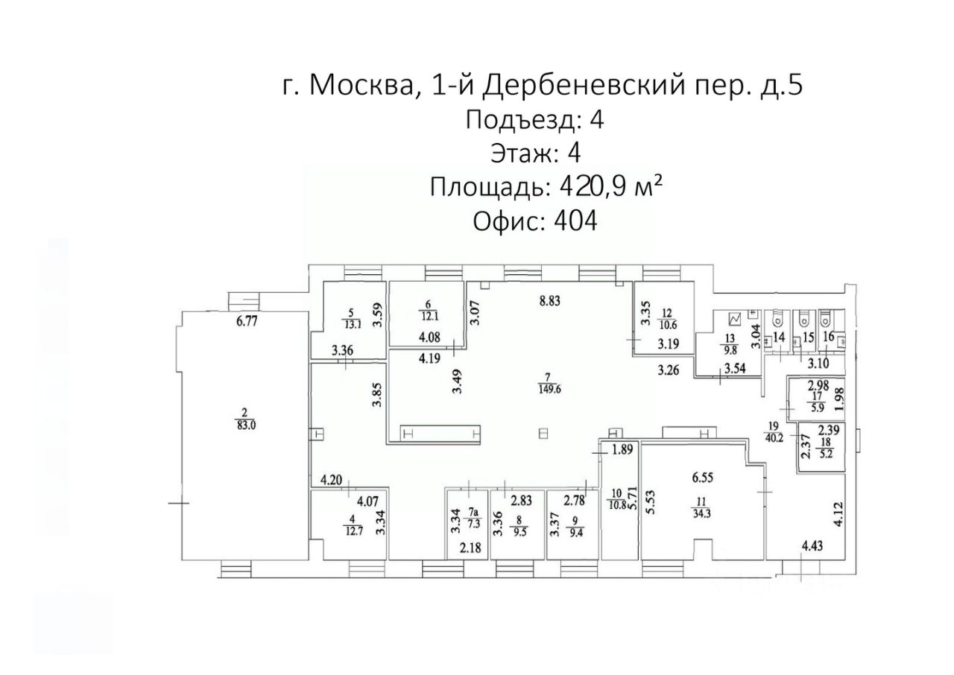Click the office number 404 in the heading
tap(575, 221)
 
